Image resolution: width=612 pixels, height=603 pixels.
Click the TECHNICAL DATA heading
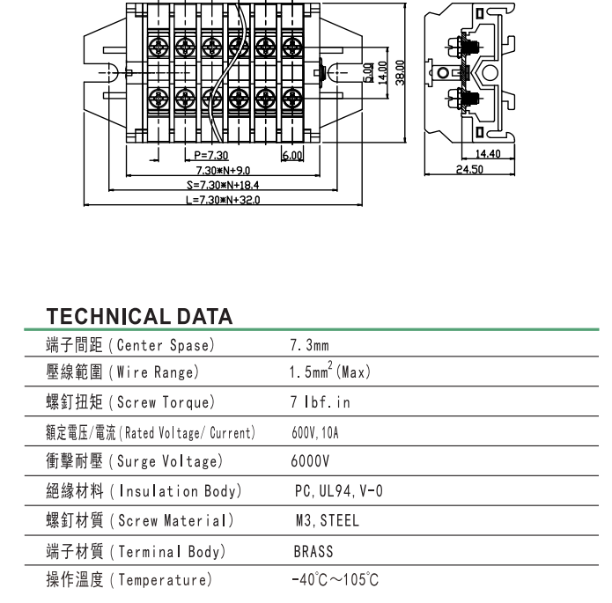tap(139, 316)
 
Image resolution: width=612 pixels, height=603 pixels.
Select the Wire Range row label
tap(122, 372)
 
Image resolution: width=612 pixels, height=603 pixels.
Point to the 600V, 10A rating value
tap(314, 432)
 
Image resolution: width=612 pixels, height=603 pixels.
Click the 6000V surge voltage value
tap(310, 461)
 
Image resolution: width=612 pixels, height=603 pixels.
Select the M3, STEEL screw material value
tap(328, 521)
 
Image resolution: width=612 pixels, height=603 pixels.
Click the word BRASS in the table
tap(313, 551)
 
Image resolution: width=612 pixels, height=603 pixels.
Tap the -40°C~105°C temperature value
tap(335, 580)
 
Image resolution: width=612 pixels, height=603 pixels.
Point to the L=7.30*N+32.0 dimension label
tap(223, 200)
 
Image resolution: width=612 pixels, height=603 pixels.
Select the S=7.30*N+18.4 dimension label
tap(224, 185)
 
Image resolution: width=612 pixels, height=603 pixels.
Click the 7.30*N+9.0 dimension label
tap(223, 170)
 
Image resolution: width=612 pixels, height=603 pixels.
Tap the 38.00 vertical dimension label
tap(400, 71)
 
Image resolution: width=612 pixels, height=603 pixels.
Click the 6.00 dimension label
tap(291, 156)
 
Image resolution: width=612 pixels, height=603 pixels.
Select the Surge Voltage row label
tap(134, 461)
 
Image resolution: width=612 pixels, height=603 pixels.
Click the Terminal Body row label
tap(136, 551)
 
